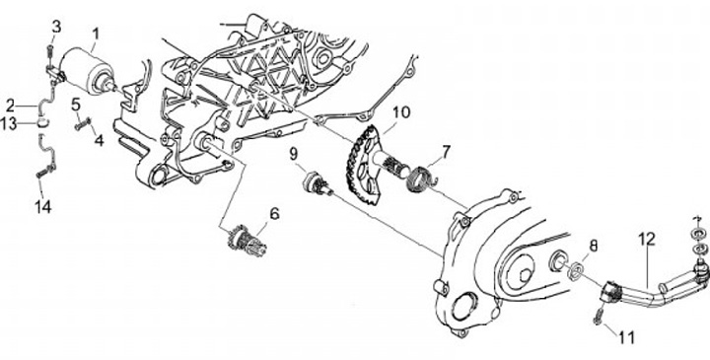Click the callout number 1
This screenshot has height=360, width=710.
tap(95, 34)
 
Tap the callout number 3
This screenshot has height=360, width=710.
tap(56, 27)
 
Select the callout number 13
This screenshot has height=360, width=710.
tap(9, 123)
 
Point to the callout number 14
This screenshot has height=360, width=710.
tap(43, 207)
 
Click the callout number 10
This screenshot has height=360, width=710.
tap(401, 111)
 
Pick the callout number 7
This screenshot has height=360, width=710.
tap(447, 152)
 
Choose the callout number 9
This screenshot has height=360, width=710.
tap(294, 154)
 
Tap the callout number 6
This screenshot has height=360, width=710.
tap(275, 213)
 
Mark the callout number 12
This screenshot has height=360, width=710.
tap(647, 239)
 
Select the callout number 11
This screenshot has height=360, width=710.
tap(627, 337)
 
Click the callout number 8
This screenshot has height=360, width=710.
tap(594, 246)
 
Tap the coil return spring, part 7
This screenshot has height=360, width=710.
tap(423, 180)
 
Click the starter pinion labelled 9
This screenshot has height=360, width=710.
tap(318, 182)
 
